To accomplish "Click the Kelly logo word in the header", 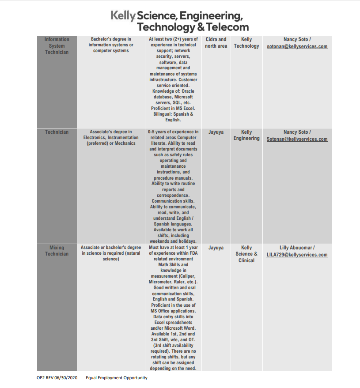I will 123,16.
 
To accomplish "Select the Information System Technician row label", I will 57,46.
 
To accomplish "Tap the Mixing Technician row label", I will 57,251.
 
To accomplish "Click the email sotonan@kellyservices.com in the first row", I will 297,46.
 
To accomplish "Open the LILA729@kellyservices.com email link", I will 297,255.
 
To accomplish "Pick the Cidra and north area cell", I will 216,43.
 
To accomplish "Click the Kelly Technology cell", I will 246,43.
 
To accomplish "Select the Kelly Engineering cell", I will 246,135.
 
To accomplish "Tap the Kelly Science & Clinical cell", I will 246,254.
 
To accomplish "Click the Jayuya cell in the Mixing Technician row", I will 216,248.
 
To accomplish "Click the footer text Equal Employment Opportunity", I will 117,378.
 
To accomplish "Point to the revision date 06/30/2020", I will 65,378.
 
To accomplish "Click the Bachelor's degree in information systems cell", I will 111,45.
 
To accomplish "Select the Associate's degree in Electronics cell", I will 111,137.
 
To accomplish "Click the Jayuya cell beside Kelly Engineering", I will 216,132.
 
